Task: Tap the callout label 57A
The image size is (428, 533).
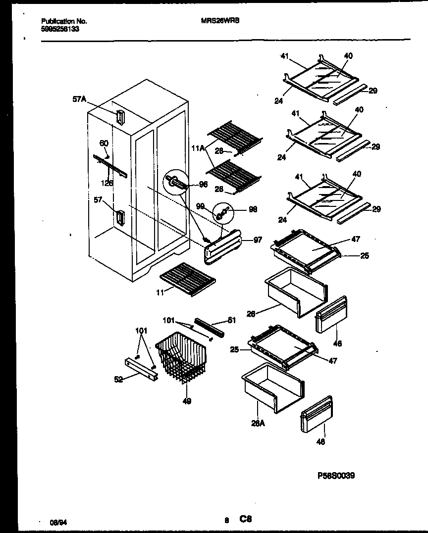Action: coord(79,99)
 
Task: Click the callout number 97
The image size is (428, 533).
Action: coord(258,240)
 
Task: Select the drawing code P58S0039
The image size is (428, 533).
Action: coord(336,476)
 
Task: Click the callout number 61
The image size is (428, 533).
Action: coord(232,321)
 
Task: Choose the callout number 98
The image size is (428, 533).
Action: coord(253,210)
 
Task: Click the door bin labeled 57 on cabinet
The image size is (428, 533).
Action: coord(120,218)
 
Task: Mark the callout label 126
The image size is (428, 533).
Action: coord(107,183)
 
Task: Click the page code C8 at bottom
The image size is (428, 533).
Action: coord(246,519)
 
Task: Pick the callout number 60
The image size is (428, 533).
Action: coord(104,144)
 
